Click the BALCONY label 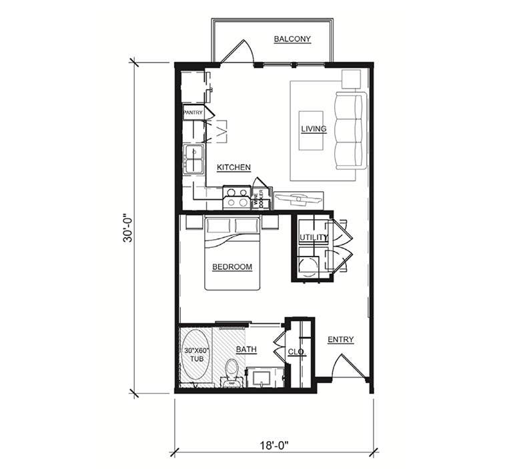coord(292,39)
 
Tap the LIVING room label coord(314,129)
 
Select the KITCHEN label coord(233,167)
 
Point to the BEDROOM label coord(232,267)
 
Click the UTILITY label coord(313,238)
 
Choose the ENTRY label coord(340,340)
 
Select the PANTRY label coord(193,113)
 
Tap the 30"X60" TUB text coord(197,354)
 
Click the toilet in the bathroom coord(231,371)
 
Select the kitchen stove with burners coord(236,198)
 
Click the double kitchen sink coord(194,159)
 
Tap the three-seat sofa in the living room coord(350,131)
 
